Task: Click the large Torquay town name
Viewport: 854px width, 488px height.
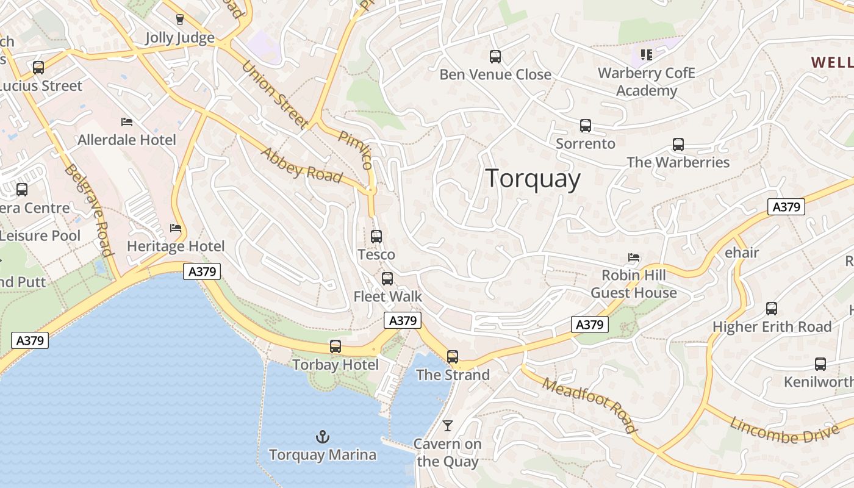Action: tap(533, 179)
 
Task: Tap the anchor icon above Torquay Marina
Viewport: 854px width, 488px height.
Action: tap(322, 436)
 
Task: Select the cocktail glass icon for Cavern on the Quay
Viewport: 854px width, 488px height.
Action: tap(448, 425)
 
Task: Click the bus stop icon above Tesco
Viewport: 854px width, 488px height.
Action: tap(376, 236)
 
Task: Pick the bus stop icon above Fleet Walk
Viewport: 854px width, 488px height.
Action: tap(387, 279)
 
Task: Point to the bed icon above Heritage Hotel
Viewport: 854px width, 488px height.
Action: tap(176, 228)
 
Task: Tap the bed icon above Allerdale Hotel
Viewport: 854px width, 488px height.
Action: tap(127, 121)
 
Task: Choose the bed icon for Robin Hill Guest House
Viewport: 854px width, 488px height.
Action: tap(634, 257)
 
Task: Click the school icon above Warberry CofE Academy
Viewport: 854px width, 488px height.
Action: tap(647, 55)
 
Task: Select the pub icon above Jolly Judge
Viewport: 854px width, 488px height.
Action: tap(179, 20)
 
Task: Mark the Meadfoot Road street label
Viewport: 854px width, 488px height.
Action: tap(589, 405)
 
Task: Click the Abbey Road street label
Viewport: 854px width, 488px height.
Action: tap(301, 165)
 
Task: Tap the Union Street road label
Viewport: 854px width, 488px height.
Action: tap(274, 94)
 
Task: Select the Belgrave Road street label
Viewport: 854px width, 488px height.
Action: tap(89, 210)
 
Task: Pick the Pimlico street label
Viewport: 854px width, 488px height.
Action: tap(356, 150)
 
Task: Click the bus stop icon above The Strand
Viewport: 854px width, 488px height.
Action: tap(453, 356)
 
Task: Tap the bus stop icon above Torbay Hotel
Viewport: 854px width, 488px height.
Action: tap(335, 346)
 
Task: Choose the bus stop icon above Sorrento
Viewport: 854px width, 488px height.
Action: tap(586, 126)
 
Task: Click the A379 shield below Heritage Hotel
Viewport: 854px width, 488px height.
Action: tap(202, 271)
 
